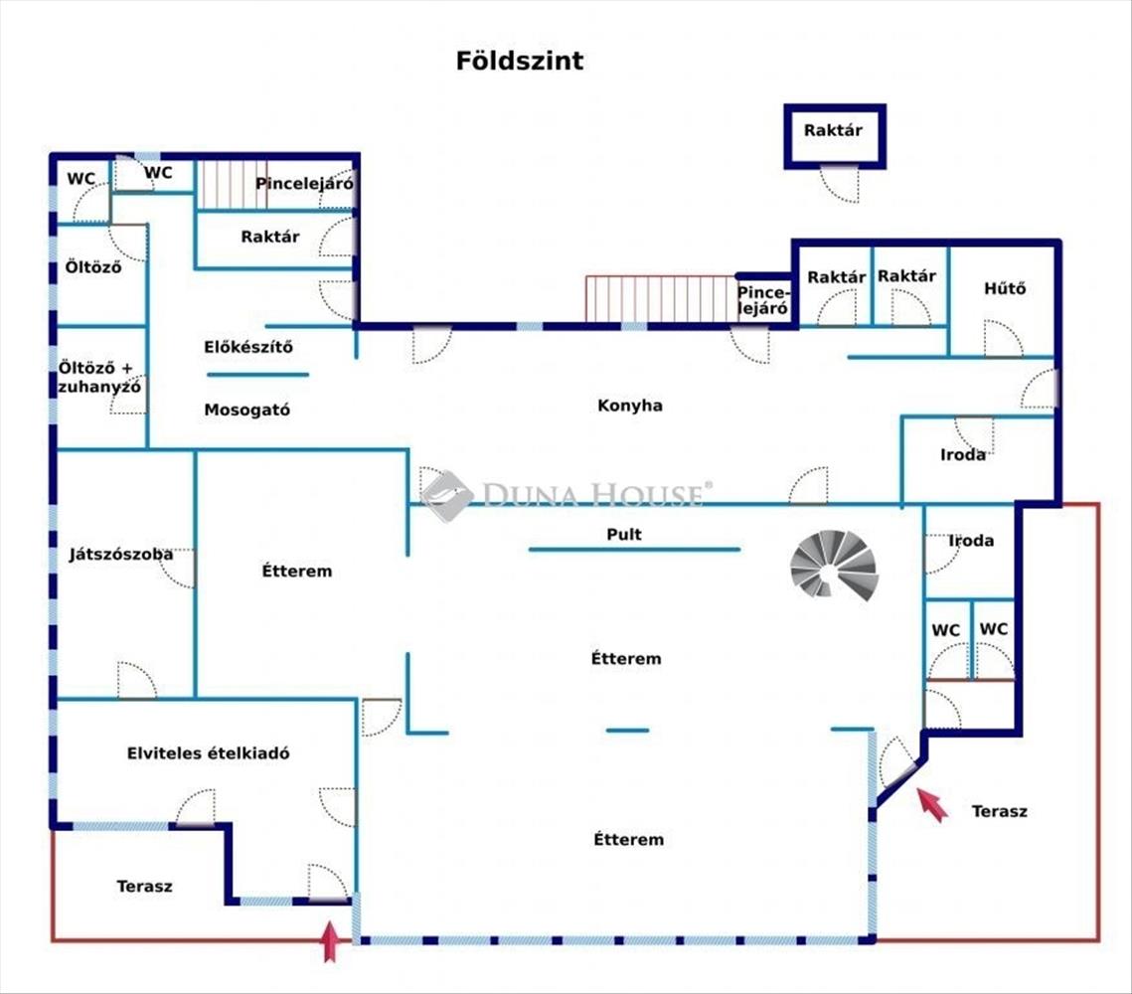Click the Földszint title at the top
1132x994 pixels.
[x=520, y=61]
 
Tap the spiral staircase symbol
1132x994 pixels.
[x=834, y=565]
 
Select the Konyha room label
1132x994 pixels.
[x=630, y=406]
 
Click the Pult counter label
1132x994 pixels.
[x=624, y=535]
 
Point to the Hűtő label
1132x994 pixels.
[x=1004, y=289]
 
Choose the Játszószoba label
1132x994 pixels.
[x=121, y=555]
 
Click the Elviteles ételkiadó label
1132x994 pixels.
[x=209, y=753]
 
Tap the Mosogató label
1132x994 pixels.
[x=247, y=410]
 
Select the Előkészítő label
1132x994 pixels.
[x=248, y=348]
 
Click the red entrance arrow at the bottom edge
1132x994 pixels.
[x=330, y=940]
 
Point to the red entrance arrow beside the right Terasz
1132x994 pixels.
[x=931, y=803]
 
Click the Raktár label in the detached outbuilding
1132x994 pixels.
[x=833, y=130]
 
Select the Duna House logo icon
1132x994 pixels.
[x=446, y=495]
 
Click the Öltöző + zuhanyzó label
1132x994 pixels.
[x=99, y=378]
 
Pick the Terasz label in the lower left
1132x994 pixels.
[x=144, y=886]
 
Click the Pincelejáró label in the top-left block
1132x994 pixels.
[x=305, y=184]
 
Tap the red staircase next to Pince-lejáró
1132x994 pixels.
[x=660, y=299]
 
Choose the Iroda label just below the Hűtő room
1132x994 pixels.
[x=963, y=454]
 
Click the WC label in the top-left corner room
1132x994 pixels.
[x=81, y=180]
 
